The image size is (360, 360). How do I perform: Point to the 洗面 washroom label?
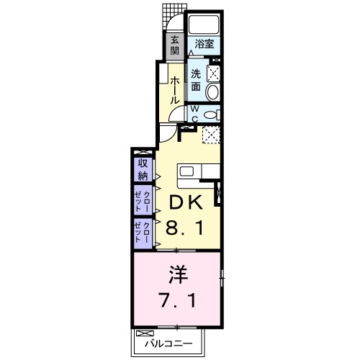(x=197, y=79)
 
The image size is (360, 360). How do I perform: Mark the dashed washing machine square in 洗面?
(x=213, y=72)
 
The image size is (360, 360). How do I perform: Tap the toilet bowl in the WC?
(x=210, y=113)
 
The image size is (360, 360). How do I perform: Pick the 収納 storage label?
(x=143, y=170)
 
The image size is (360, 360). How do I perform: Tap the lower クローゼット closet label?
(x=143, y=233)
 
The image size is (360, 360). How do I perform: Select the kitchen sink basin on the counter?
(x=187, y=171)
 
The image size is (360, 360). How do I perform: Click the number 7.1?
(x=177, y=300)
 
